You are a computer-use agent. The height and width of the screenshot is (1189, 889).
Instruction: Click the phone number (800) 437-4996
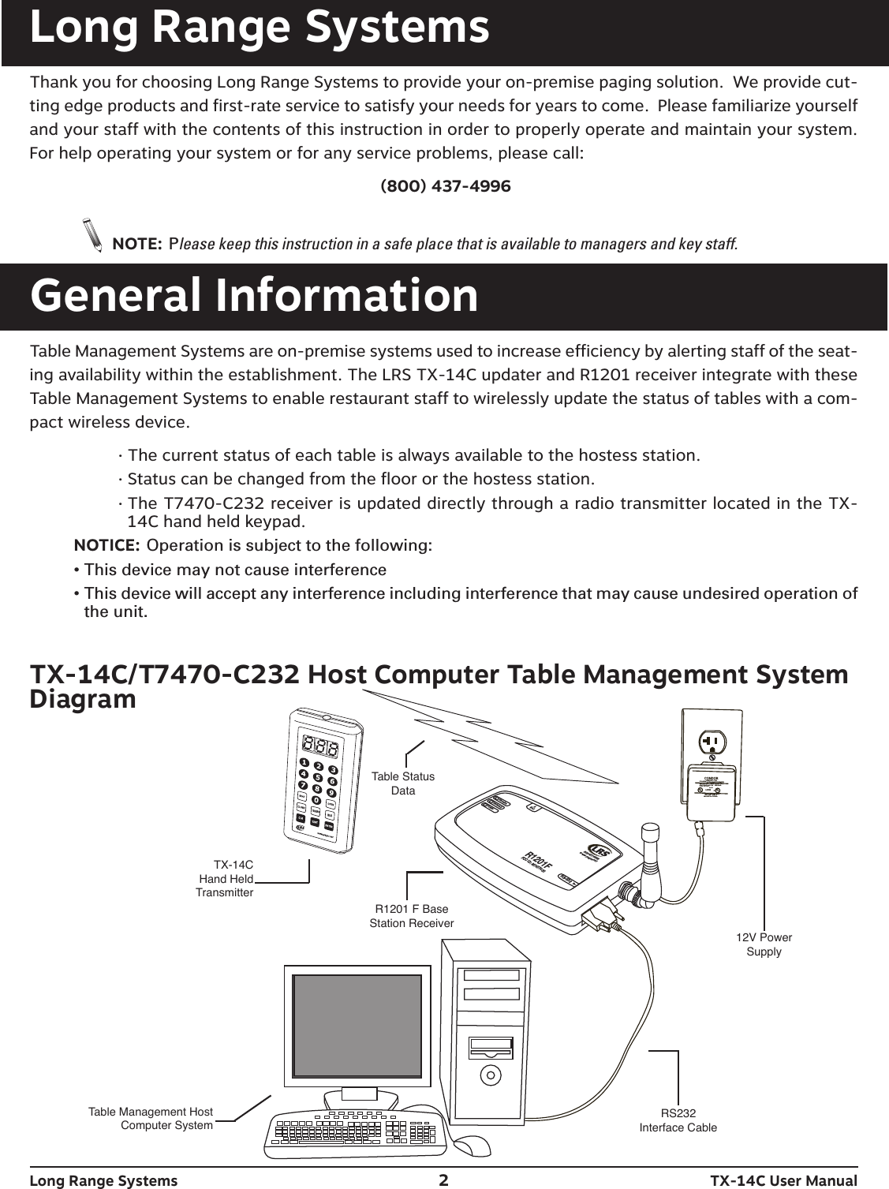click(x=445, y=187)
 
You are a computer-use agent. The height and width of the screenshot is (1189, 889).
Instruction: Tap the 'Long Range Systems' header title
click(x=260, y=28)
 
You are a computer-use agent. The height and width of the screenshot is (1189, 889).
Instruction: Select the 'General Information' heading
click(x=254, y=296)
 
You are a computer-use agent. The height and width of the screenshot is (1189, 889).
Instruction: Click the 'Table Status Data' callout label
click(x=403, y=783)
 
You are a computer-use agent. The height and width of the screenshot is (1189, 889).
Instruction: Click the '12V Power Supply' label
click(x=764, y=944)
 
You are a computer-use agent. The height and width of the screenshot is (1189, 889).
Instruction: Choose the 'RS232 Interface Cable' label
click(x=678, y=1120)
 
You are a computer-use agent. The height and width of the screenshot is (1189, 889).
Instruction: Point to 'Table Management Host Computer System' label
click(x=151, y=1119)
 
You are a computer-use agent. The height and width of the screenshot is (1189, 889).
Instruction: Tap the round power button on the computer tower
click(x=491, y=1074)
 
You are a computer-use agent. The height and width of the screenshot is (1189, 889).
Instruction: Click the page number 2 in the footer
click(x=444, y=1180)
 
